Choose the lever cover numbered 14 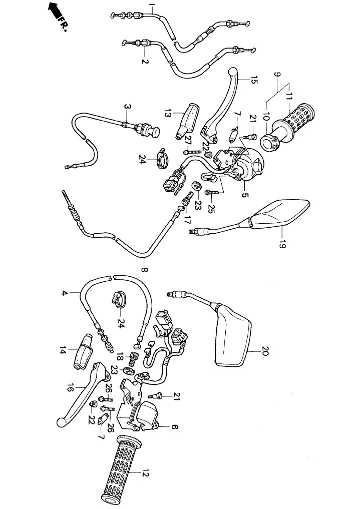pyautogui.click(x=83, y=353)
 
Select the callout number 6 pyautogui.click(x=174, y=427)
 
